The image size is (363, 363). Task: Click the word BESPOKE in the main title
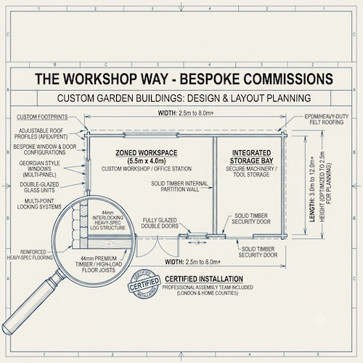pyautogui.click(x=210, y=79)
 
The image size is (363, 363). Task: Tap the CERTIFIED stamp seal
pyautogui.click(x=144, y=284)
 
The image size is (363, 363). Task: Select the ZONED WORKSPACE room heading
pyautogui.click(x=147, y=153)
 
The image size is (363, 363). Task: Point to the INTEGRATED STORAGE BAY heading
pyautogui.click(x=251, y=157)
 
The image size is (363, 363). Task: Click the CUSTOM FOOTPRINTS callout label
pyautogui.click(x=42, y=117)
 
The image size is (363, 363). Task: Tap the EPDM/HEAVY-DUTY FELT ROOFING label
pyautogui.click(x=327, y=119)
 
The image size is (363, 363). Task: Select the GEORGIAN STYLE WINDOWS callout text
pyautogui.click(x=39, y=169)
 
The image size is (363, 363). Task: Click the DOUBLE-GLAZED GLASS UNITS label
pyautogui.click(x=39, y=187)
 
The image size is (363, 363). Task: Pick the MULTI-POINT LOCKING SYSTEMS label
pyautogui.click(x=39, y=204)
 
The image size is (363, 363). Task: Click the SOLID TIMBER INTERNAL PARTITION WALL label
pyautogui.click(x=179, y=187)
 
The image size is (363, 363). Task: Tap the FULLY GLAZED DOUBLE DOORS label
pyautogui.click(x=160, y=223)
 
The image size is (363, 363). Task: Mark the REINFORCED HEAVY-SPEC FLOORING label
pyautogui.click(x=30, y=255)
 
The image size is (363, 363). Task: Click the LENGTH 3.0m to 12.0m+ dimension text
pyautogui.click(x=312, y=189)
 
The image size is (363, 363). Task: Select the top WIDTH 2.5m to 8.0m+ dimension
pyautogui.click(x=186, y=113)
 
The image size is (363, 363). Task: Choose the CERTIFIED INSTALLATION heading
pyautogui.click(x=204, y=279)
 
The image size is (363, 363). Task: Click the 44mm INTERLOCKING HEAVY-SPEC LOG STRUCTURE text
pyautogui.click(x=107, y=221)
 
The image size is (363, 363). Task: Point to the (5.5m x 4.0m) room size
pyautogui.click(x=147, y=161)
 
